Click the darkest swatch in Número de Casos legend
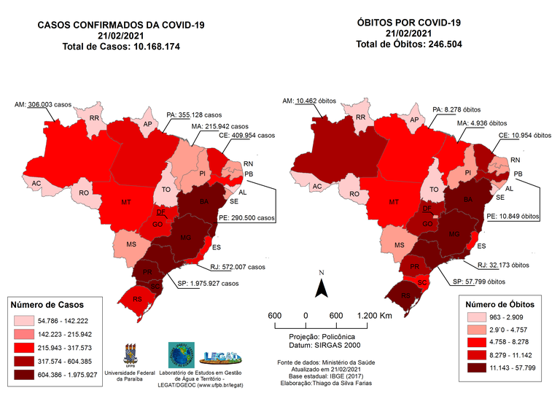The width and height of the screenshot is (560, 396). point(27,375)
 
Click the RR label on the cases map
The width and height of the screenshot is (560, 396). point(94,117)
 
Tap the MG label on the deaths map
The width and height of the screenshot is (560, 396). point(454,233)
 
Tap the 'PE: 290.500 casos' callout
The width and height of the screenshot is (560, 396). point(246,218)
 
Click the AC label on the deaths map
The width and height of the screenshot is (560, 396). point(316,187)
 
